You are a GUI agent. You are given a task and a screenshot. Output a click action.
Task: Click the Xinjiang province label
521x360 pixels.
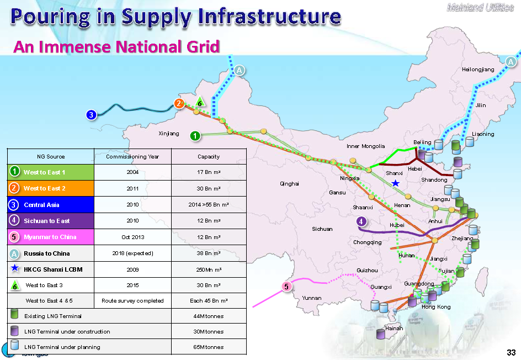point(169,134)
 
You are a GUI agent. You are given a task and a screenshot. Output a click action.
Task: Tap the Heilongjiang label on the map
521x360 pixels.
point(478,70)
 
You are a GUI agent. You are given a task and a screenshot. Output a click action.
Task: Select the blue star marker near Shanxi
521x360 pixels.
point(395,183)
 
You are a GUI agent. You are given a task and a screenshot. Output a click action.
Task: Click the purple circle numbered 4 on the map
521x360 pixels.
point(361,222)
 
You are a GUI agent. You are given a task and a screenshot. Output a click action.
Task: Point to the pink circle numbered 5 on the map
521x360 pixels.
point(286,286)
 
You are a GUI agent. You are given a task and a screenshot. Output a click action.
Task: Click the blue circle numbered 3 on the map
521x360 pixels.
point(92,115)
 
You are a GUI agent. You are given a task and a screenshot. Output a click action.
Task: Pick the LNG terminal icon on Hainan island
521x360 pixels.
point(380,333)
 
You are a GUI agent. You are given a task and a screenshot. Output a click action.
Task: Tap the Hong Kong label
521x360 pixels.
point(436,307)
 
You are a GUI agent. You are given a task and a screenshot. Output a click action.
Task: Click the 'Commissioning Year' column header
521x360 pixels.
point(132,156)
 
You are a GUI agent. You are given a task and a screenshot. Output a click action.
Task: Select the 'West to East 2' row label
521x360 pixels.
point(45,188)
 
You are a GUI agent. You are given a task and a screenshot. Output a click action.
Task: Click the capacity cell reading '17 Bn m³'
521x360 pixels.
point(209,172)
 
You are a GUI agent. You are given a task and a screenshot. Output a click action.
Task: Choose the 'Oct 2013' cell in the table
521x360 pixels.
point(132,237)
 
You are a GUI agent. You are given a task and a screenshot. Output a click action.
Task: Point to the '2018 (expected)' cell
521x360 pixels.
point(132,253)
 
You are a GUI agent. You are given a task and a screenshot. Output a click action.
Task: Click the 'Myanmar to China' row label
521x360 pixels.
point(50,237)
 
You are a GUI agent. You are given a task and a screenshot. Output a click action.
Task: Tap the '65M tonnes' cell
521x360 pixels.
point(209,347)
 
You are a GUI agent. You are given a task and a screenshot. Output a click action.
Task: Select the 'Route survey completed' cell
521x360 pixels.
point(132,301)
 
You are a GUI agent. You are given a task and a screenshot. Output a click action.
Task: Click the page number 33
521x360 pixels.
point(511,353)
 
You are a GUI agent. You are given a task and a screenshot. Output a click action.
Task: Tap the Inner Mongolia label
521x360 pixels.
point(366,146)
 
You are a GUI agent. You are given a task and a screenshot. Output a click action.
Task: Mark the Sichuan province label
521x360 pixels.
point(322,229)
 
